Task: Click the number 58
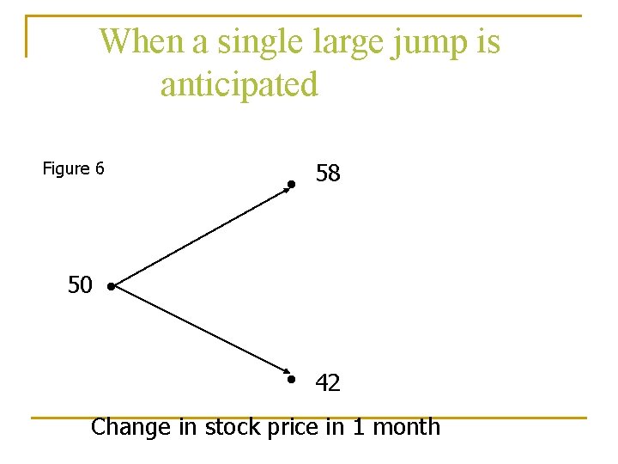pos(328,174)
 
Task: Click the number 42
pos(328,383)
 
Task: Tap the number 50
pos(80,285)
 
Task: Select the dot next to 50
pos(112,287)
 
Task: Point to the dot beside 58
pos(292,184)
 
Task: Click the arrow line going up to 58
pos(202,235)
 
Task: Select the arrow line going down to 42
pos(202,333)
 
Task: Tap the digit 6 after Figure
pos(100,168)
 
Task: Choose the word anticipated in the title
pos(239,85)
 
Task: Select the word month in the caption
pos(407,427)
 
